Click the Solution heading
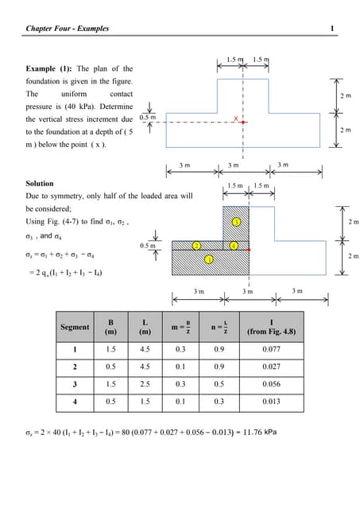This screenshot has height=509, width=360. coord(40,184)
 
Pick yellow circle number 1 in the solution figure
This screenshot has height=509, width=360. coord(208,259)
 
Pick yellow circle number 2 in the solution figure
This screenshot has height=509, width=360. coord(195,246)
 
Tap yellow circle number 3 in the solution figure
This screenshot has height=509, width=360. coord(236,220)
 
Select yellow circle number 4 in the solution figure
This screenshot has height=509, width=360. coord(233,246)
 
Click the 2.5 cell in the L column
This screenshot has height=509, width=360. coord(144,386)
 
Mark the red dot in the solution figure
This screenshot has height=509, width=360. coord(249,249)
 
